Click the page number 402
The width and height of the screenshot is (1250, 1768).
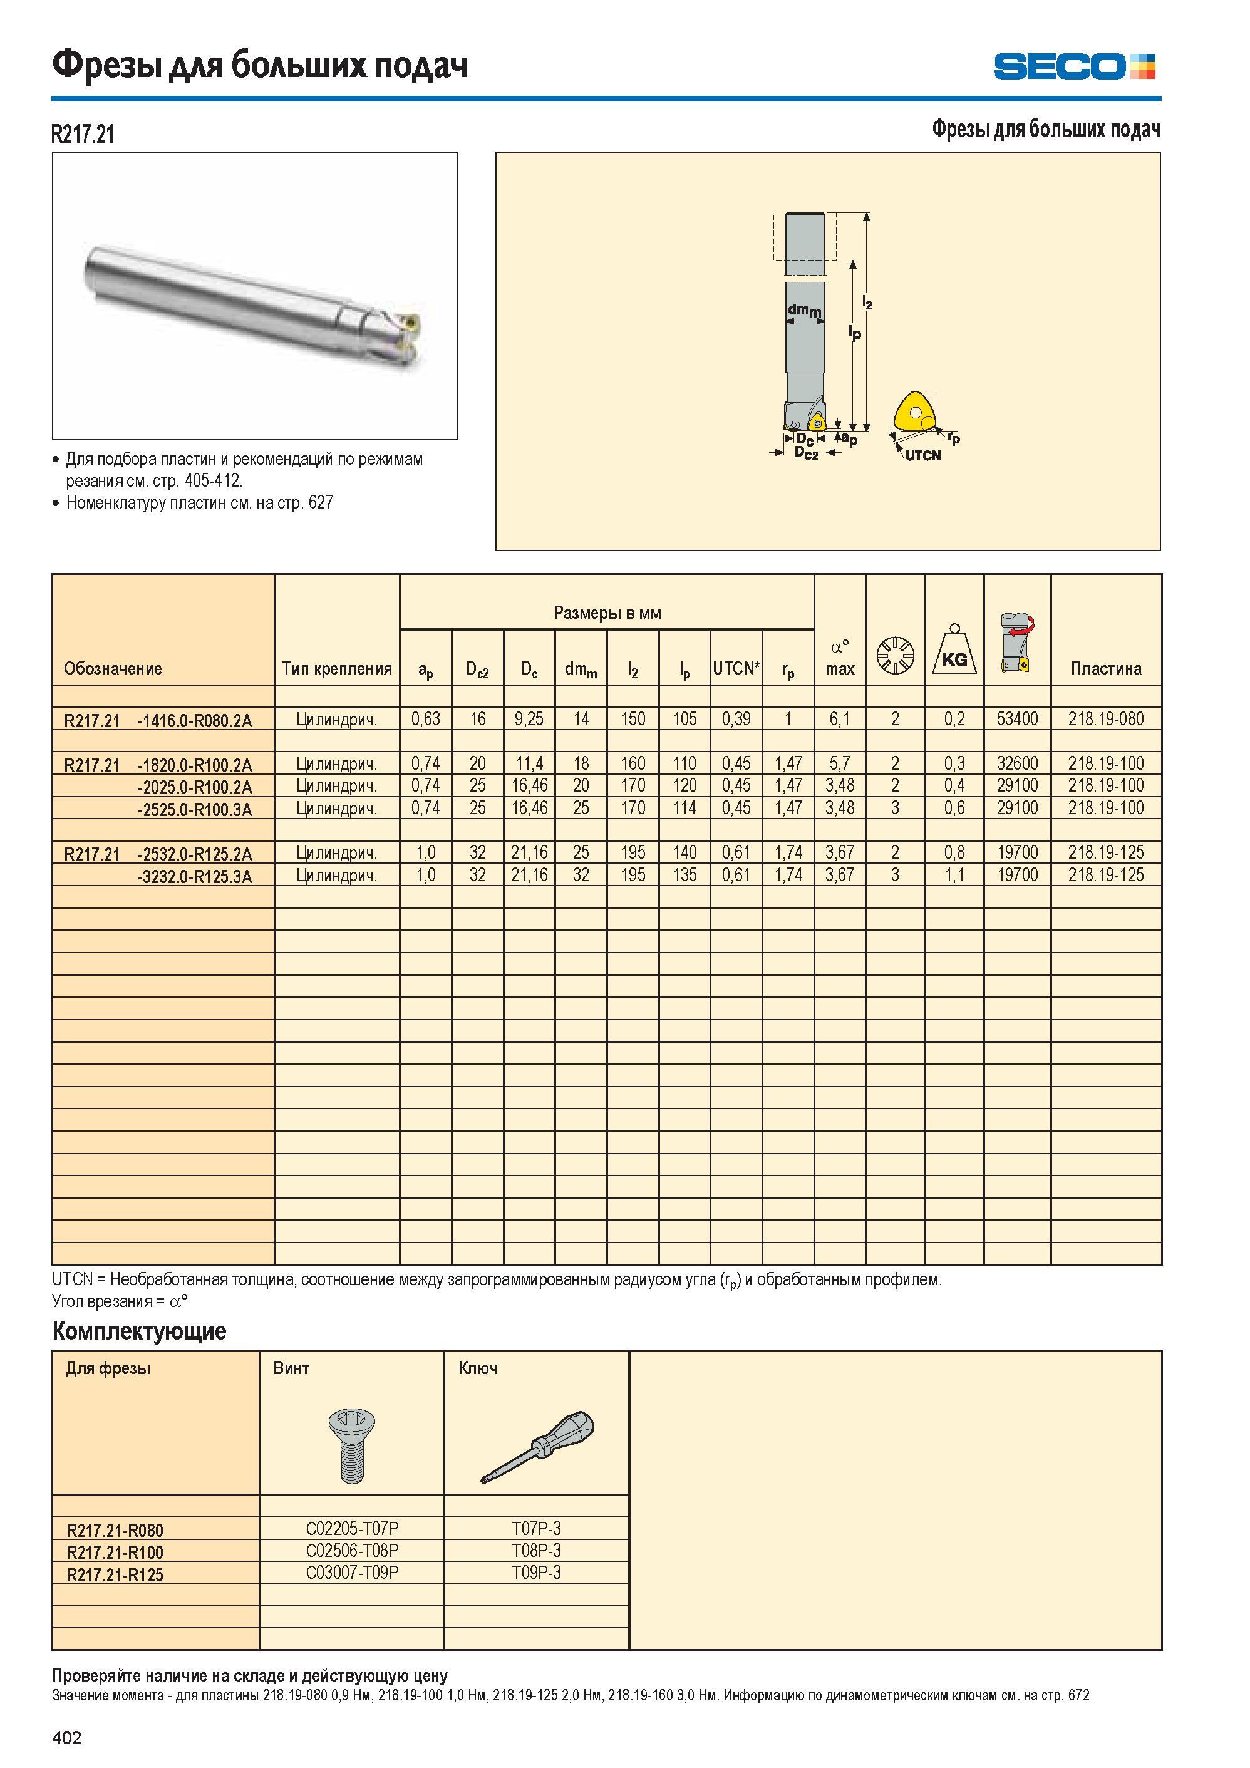coord(66,1738)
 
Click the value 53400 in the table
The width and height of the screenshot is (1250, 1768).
coord(1018,719)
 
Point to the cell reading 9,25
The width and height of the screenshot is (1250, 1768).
coord(529,719)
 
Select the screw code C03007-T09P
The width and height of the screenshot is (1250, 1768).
coord(352,1573)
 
